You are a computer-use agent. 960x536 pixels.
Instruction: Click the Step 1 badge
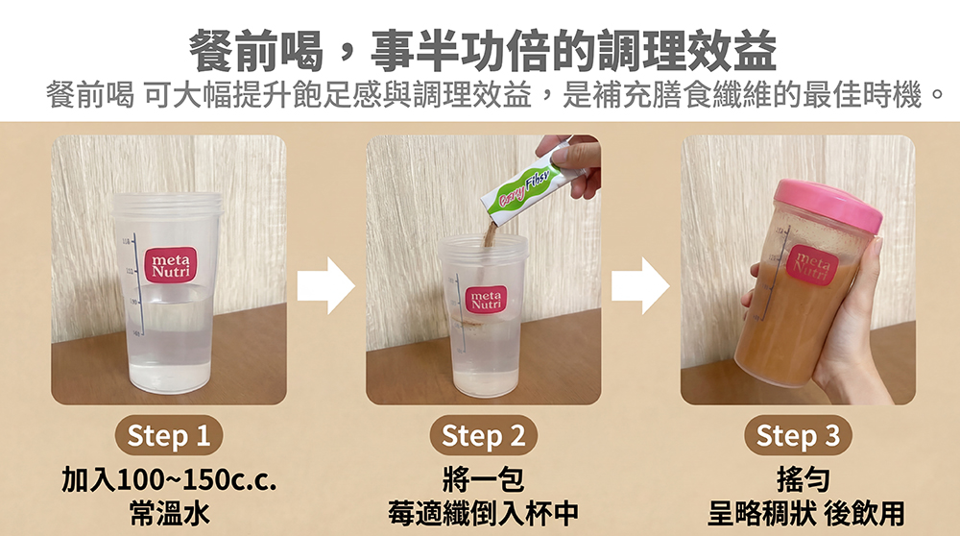point(168,435)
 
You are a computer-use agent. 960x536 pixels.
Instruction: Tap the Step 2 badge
point(483,435)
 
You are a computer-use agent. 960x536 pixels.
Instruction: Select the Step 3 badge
point(798,435)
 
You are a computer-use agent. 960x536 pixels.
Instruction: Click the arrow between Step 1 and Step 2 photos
point(325,285)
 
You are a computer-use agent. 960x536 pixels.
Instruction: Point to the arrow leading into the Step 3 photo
point(640,285)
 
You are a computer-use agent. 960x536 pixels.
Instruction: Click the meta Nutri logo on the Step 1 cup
point(171,265)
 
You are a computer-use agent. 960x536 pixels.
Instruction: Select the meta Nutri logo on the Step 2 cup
point(486,299)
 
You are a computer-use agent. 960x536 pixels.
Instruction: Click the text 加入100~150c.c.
point(169,479)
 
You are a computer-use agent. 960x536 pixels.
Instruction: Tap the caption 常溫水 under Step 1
point(170,513)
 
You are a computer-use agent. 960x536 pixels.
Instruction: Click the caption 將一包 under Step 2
point(483,479)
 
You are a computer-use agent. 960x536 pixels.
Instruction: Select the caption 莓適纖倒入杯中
point(483,513)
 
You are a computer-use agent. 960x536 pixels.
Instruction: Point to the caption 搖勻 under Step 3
point(803,479)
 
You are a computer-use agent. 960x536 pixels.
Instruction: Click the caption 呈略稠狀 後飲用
point(805,513)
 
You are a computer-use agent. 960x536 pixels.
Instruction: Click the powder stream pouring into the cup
point(490,236)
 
